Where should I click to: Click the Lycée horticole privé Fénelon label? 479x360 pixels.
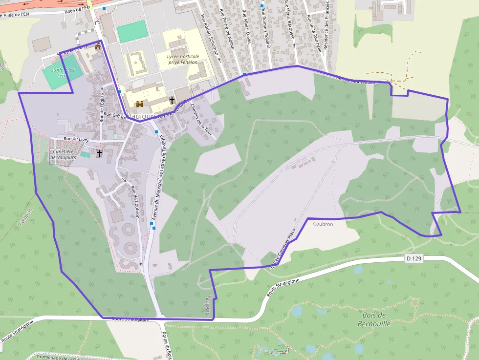tap(183, 59)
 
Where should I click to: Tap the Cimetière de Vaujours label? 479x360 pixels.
tap(63, 154)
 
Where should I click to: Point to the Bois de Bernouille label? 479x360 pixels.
tap(374, 319)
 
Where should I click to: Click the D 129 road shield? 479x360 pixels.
tap(414, 257)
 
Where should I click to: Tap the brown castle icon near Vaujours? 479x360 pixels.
tap(140, 104)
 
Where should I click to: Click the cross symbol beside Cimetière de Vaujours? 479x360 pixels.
tap(100, 153)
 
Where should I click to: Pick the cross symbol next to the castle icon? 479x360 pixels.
tap(172, 101)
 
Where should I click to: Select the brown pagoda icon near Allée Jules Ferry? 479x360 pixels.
tap(98, 46)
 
